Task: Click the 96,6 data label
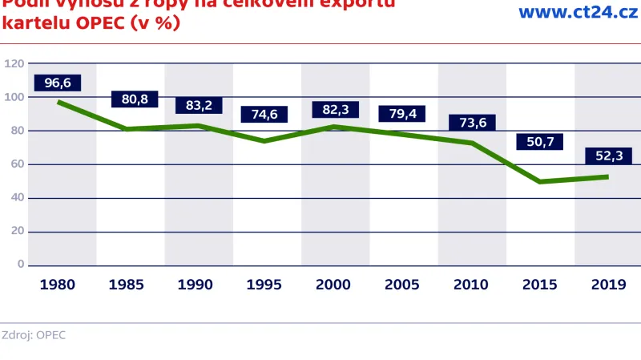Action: pyautogui.click(x=58, y=83)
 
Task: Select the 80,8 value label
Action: pyautogui.click(x=134, y=99)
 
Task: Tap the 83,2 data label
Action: pyautogui.click(x=199, y=105)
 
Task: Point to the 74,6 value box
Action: pyautogui.click(x=264, y=114)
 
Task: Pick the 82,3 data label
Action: pyautogui.click(x=335, y=109)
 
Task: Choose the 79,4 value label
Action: pyautogui.click(x=402, y=113)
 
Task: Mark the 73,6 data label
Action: pyautogui.click(x=472, y=122)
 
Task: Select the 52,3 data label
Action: pyautogui.click(x=608, y=156)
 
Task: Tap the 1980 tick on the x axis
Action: pyautogui.click(x=58, y=284)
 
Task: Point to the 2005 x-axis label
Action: pyautogui.click(x=403, y=284)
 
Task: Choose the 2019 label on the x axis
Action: pyautogui.click(x=608, y=284)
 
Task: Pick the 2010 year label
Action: pyautogui.click(x=471, y=284)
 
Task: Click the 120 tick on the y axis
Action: pyautogui.click(x=13, y=63)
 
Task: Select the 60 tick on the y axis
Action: pyautogui.click(x=15, y=164)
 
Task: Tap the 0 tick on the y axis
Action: pyautogui.click(x=21, y=265)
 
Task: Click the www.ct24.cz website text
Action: pyautogui.click(x=572, y=12)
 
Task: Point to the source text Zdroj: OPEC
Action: pyautogui.click(x=34, y=334)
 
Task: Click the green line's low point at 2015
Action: pyautogui.click(x=540, y=181)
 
